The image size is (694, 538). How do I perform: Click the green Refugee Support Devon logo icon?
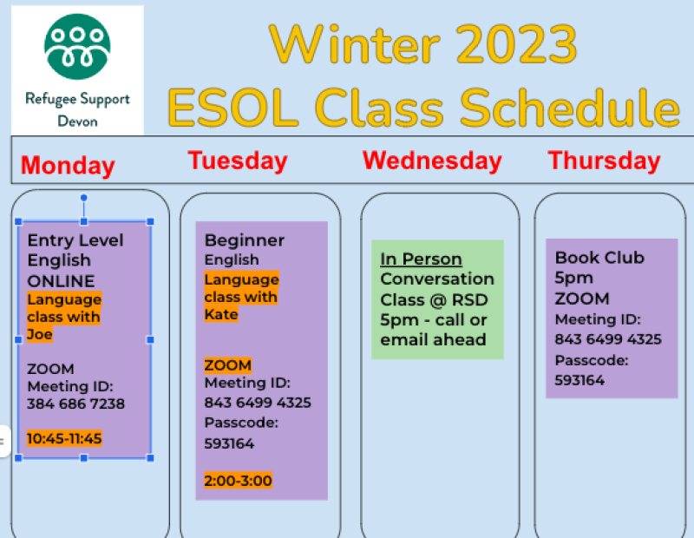pyautogui.click(x=77, y=47)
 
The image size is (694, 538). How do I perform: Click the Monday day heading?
pyautogui.click(x=68, y=166)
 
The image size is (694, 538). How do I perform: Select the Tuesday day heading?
pyautogui.click(x=238, y=161)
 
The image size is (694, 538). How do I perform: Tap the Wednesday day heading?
pyautogui.click(x=432, y=161)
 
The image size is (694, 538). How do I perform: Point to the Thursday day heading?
pyautogui.click(x=604, y=161)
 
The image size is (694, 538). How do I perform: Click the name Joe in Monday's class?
pyautogui.click(x=40, y=334)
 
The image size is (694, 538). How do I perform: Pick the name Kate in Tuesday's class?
pyautogui.click(x=221, y=314)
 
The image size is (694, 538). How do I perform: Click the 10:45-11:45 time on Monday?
pyautogui.click(x=64, y=438)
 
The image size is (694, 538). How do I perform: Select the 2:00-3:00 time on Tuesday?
pyautogui.click(x=238, y=481)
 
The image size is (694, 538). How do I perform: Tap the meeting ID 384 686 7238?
pyautogui.click(x=75, y=403)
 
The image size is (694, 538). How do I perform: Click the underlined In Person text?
pyautogui.click(x=421, y=259)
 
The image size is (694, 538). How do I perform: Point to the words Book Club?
pyautogui.click(x=599, y=257)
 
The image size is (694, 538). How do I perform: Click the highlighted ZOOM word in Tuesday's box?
pyautogui.click(x=228, y=365)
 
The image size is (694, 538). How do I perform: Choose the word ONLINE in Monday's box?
pyautogui.click(x=61, y=281)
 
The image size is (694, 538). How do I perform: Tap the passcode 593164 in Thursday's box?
pyautogui.click(x=579, y=380)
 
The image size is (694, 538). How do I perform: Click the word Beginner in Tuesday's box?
pyautogui.click(x=245, y=240)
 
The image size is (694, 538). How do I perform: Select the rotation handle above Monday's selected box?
pyautogui.click(x=83, y=198)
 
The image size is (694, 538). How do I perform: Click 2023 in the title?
pyautogui.click(x=517, y=45)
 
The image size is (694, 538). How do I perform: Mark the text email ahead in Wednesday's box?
pyautogui.click(x=433, y=339)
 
